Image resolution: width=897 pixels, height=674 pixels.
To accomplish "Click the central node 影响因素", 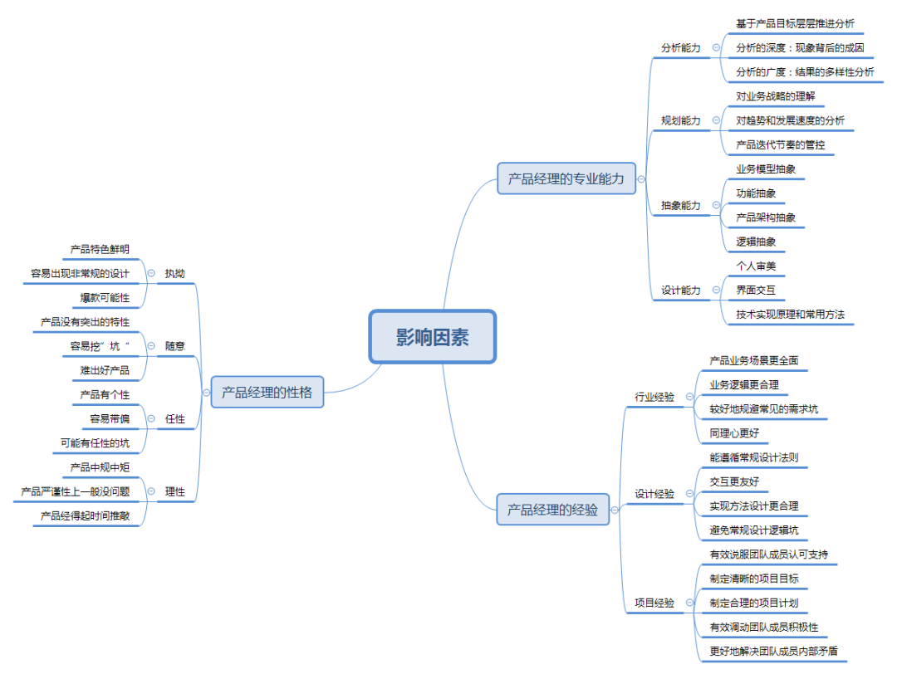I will click(x=432, y=337).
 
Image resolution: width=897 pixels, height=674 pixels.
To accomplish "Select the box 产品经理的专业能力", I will click(x=566, y=178).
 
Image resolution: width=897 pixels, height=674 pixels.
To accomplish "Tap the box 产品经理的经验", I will click(x=552, y=510).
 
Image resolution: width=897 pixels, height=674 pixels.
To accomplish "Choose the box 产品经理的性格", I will click(x=267, y=393).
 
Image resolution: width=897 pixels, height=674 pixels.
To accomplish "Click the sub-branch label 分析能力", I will click(x=680, y=48).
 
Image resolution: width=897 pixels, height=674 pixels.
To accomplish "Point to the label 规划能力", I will click(x=680, y=121).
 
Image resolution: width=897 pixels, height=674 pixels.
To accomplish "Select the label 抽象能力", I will click(x=680, y=205).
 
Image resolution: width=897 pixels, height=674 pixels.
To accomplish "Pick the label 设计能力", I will click(x=680, y=291).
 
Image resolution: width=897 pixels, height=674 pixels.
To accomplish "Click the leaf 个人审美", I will click(x=756, y=266).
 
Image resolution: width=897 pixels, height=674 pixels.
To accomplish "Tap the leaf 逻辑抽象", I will click(x=756, y=242).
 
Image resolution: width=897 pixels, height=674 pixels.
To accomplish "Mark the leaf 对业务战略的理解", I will click(x=776, y=96).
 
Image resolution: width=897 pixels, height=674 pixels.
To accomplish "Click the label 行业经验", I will click(x=654, y=397).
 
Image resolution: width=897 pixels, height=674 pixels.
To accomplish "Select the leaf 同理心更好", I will click(x=734, y=433).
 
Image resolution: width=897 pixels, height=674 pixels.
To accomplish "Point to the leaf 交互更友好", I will click(x=734, y=481).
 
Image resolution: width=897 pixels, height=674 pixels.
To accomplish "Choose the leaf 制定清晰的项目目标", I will click(x=754, y=579).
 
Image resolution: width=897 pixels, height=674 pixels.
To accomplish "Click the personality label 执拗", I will click(x=174, y=273).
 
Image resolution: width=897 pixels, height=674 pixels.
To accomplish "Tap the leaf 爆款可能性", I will click(x=105, y=297).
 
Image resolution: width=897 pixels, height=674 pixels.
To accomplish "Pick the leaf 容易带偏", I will click(x=110, y=419).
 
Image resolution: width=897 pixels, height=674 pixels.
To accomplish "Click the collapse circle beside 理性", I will click(x=151, y=491).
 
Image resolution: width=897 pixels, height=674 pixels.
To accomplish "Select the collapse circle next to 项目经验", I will click(x=691, y=603).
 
